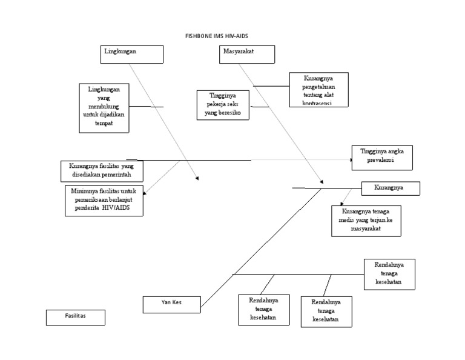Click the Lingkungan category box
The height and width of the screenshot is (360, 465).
click(132, 54)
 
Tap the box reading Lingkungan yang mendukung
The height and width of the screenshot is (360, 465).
click(105, 107)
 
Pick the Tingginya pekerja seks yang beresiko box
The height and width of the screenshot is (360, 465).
click(223, 104)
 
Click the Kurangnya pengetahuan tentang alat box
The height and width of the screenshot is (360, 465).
click(318, 90)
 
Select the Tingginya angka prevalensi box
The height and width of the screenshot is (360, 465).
click(382, 158)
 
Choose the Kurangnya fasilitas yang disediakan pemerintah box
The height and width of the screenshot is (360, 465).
click(102, 171)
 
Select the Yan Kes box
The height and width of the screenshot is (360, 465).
click(171, 304)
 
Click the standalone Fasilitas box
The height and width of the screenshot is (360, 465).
click(75, 317)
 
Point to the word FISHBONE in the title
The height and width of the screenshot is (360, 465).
click(197, 36)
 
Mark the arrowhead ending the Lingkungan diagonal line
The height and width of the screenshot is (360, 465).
click(196, 178)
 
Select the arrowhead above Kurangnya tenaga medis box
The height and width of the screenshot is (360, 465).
click(341, 202)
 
